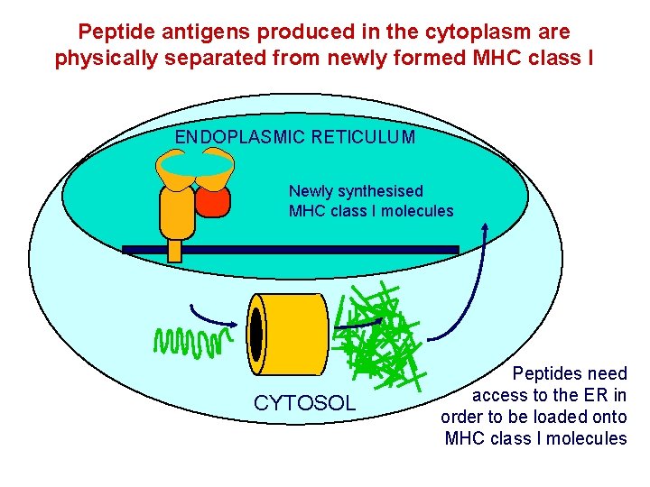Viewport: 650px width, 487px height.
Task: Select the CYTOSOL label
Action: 305,402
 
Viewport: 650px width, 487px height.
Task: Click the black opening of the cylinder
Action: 256,333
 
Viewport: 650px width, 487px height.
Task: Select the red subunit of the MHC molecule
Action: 214,200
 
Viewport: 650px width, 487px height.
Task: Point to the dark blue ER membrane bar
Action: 290,250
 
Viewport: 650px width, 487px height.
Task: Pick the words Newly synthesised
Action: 356,191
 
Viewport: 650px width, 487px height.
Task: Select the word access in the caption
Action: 501,395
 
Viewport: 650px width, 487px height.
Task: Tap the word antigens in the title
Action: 197,32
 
